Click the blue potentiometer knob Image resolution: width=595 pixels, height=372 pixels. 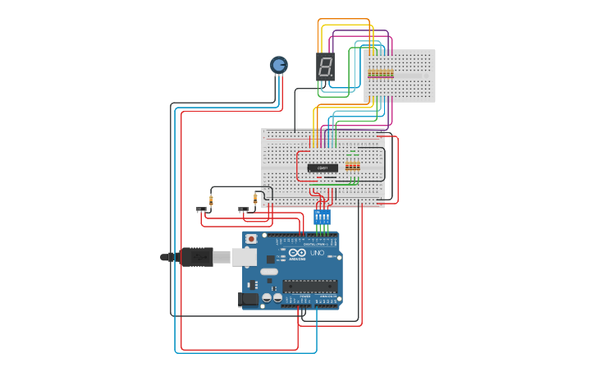(279, 64)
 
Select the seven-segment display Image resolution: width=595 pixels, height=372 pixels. (325, 67)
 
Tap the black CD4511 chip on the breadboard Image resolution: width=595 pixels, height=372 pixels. (323, 168)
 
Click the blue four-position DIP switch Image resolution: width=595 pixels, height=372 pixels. (322, 217)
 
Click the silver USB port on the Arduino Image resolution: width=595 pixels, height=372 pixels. (244, 257)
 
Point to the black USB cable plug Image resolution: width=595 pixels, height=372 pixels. (197, 257)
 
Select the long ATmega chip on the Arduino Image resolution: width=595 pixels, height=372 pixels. (309, 286)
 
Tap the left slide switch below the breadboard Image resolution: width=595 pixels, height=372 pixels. (201, 209)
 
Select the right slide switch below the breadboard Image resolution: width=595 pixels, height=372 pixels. (244, 209)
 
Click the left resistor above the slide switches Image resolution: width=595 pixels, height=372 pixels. (211, 199)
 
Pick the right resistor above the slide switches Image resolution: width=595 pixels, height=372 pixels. (255, 198)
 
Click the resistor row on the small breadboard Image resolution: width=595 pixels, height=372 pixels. (380, 73)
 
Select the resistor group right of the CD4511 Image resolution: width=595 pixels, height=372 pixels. (352, 166)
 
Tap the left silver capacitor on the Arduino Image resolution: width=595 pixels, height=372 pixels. (268, 298)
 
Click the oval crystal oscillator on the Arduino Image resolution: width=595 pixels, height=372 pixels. (269, 271)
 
